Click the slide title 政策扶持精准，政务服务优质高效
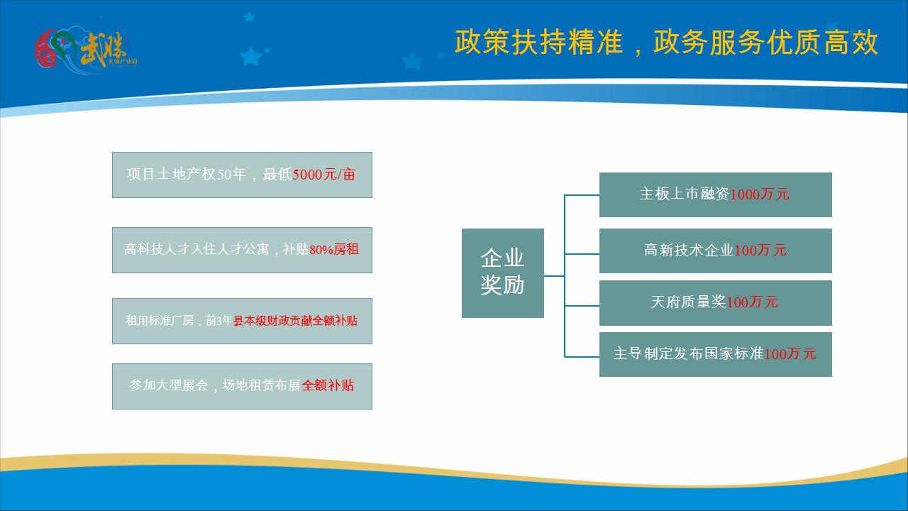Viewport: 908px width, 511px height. pyautogui.click(x=666, y=43)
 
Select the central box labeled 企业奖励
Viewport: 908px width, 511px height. pyautogui.click(x=502, y=273)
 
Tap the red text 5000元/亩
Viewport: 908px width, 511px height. pyautogui.click(x=323, y=175)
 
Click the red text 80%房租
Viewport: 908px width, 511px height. pyautogui.click(x=334, y=250)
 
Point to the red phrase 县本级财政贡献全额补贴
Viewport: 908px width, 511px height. pyautogui.click(x=296, y=321)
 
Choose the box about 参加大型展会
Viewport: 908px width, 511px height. pyautogui.click(x=242, y=386)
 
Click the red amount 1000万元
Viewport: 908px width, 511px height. pyautogui.click(x=760, y=194)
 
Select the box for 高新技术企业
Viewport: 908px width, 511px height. pyautogui.click(x=715, y=251)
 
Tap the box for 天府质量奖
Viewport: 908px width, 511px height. pyautogui.click(x=715, y=302)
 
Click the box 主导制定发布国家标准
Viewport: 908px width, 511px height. pyautogui.click(x=715, y=354)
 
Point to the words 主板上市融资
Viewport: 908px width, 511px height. pyautogui.click(x=684, y=194)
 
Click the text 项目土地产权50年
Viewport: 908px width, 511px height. pyautogui.click(x=186, y=175)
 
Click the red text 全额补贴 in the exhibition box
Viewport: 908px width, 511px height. pyautogui.click(x=328, y=386)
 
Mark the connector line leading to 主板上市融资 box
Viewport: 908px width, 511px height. pyautogui.click(x=582, y=194)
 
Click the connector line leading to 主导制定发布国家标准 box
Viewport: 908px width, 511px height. pyautogui.click(x=582, y=356)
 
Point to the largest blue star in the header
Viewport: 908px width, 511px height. pyautogui.click(x=250, y=56)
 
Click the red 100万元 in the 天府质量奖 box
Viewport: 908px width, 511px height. pyautogui.click(x=753, y=302)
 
